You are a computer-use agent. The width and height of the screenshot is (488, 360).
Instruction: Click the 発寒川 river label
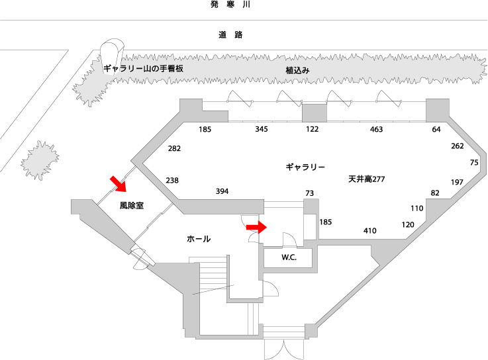pyautogui.click(x=229, y=5)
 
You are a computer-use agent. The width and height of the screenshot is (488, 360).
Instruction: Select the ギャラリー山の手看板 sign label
pyautogui.click(x=142, y=68)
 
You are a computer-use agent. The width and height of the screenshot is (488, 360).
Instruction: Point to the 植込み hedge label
pyautogui.click(x=297, y=69)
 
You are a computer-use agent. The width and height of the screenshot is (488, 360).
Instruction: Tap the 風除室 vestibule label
pyautogui.click(x=132, y=206)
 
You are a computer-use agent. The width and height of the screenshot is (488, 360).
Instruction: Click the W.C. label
pyautogui.click(x=289, y=257)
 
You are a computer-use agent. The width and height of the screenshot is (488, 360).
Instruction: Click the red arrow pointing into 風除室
pyautogui.click(x=117, y=182)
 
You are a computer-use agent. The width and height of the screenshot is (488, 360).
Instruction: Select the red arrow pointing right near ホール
pyautogui.click(x=256, y=227)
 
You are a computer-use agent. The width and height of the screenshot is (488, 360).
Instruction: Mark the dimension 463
pyautogui.click(x=376, y=130)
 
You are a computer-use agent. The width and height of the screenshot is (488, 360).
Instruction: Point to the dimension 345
pyautogui.click(x=262, y=130)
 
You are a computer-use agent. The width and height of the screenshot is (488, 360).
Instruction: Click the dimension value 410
pyautogui.click(x=369, y=231)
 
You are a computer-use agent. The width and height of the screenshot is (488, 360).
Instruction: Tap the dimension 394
pyautogui.click(x=222, y=191)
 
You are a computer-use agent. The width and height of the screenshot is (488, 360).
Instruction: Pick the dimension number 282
pyautogui.click(x=174, y=148)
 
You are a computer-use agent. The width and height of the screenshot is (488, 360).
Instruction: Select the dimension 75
pyautogui.click(x=473, y=163)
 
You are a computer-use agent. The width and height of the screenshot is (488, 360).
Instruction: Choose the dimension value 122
pyautogui.click(x=313, y=130)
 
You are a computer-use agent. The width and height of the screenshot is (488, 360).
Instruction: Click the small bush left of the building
pyautogui.click(x=40, y=160)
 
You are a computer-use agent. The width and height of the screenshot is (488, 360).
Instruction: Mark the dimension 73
pyautogui.click(x=309, y=193)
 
